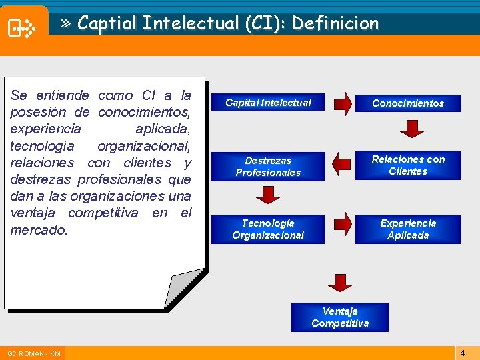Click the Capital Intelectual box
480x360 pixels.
(268, 103)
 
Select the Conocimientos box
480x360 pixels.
(407, 103)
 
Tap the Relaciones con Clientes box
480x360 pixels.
(407, 165)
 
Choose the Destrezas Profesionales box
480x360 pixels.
(268, 167)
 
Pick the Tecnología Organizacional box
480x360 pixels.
(268, 229)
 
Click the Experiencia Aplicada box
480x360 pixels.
(407, 229)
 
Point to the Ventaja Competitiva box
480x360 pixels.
(339, 317)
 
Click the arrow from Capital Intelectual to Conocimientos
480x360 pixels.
(343, 103)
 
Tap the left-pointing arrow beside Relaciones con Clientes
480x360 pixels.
(341, 163)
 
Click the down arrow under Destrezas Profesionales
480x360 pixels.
(268, 195)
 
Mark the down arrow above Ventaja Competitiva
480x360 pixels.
(340, 283)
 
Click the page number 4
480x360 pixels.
(462, 352)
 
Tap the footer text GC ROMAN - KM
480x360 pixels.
(33, 353)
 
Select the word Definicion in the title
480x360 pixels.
(335, 24)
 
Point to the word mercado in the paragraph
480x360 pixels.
(39, 230)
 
